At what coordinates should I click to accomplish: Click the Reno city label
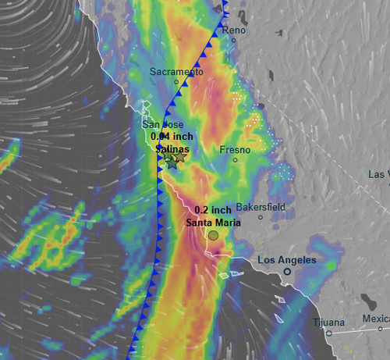coord(234,30)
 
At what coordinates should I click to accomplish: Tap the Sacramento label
coord(176,72)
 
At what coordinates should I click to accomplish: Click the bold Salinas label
coord(172,148)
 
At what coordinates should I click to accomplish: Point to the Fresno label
coord(235,148)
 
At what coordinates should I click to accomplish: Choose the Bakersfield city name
coord(261,207)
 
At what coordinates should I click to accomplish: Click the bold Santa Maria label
coord(213,222)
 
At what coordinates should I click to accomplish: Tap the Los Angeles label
coord(287,259)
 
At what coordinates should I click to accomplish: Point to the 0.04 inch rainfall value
coord(172,136)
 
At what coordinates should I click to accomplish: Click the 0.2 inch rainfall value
coord(212,209)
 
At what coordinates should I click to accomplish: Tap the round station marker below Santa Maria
coord(213,235)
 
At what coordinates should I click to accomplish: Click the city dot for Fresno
coord(235,160)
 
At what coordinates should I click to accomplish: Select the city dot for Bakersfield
coord(261,217)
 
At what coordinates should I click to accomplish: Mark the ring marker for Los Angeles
coord(287,271)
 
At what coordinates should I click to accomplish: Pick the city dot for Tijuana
coord(329,333)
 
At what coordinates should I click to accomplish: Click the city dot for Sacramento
coord(176,82)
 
